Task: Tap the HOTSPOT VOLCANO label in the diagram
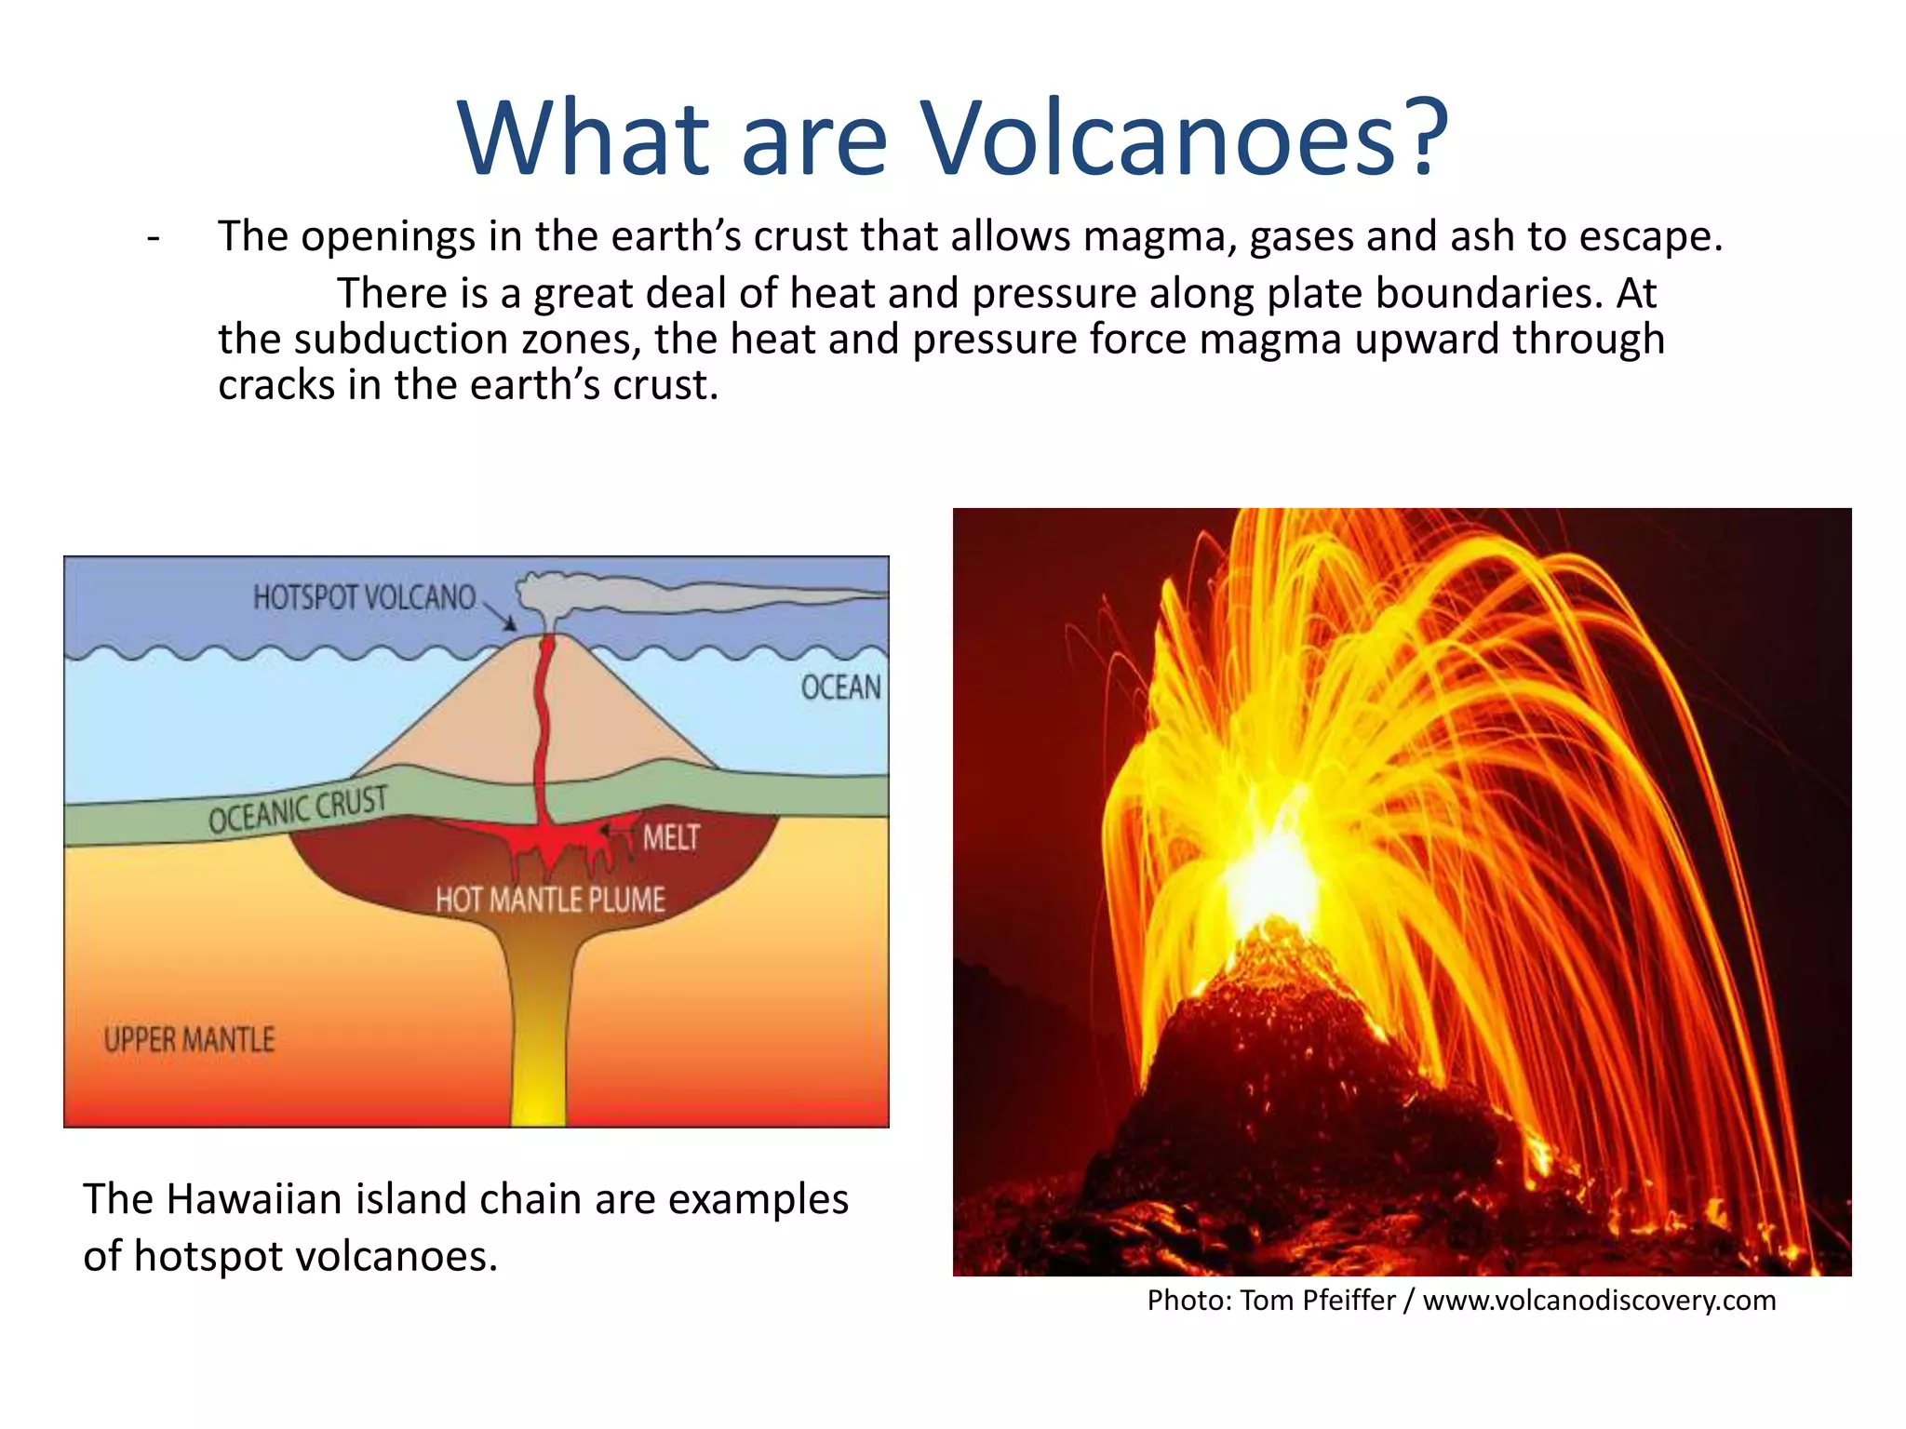click(364, 598)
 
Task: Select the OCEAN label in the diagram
click(840, 688)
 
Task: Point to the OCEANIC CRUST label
click(298, 809)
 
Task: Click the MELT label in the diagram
click(671, 838)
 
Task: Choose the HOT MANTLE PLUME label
click(550, 900)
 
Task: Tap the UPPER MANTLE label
click(190, 1039)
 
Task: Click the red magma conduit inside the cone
click(541, 726)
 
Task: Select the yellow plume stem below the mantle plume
click(539, 1042)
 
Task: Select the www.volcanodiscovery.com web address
click(1599, 1300)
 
